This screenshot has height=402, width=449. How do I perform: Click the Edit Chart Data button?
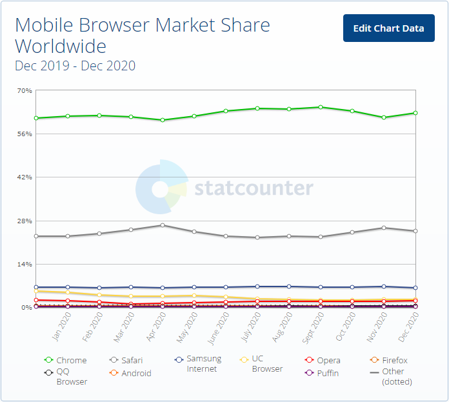click(388, 28)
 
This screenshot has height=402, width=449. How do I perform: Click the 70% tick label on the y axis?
click(25, 90)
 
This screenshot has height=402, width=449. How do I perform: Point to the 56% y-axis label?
click(25, 134)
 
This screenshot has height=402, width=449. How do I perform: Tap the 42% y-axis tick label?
click(25, 177)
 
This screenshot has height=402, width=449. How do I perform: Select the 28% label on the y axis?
click(25, 221)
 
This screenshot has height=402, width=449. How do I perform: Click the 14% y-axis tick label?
click(25, 264)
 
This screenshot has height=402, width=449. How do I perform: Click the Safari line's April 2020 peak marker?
click(163, 225)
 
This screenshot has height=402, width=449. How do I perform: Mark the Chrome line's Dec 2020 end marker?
click(415, 113)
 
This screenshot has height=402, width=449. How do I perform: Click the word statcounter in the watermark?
click(254, 188)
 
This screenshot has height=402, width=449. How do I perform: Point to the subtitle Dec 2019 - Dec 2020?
click(75, 66)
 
